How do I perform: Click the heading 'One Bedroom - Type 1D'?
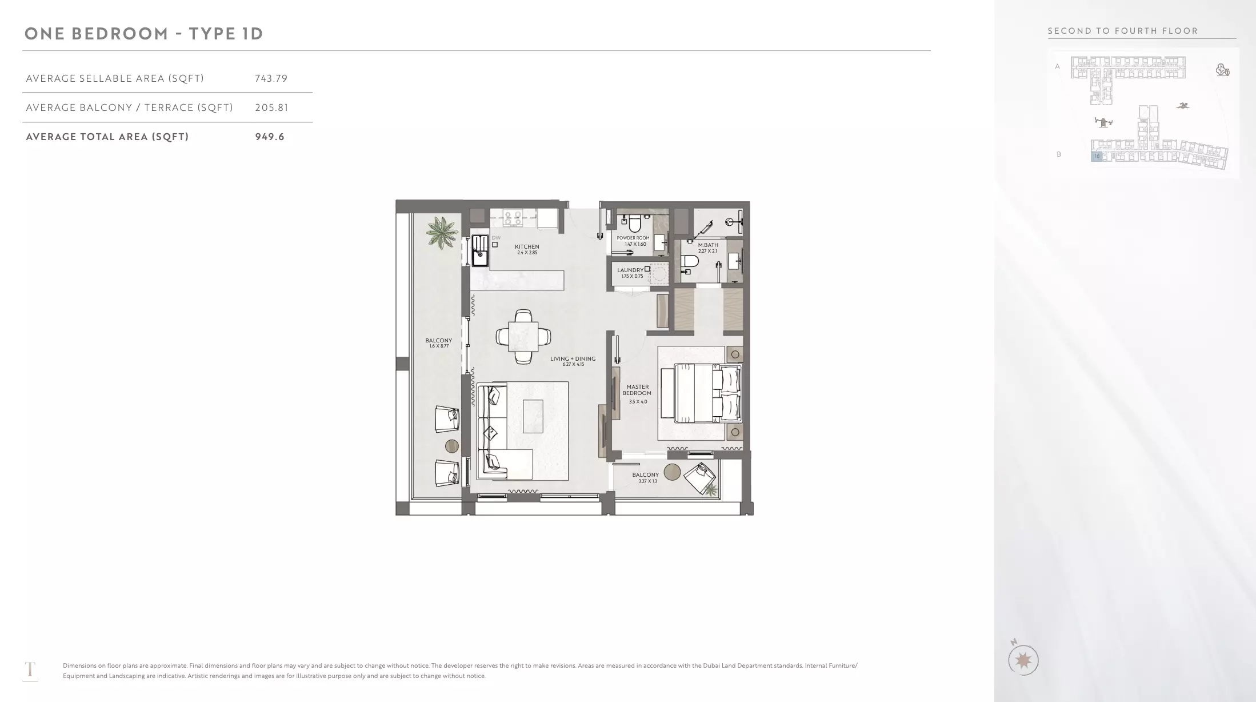coord(144,34)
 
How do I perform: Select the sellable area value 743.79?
coord(271,78)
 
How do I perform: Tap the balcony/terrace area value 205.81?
coord(272,107)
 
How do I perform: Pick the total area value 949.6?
coord(270,137)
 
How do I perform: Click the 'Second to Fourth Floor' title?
coord(1123,31)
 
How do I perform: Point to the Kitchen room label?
coord(527,249)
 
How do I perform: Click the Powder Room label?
coord(633,241)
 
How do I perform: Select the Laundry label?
coord(630,273)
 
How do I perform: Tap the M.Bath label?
coord(708,248)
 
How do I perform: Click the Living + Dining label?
coord(573,361)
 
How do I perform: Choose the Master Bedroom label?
coord(637,394)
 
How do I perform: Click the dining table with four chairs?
coord(524,337)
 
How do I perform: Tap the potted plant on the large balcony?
coord(442,232)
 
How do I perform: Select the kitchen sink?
coord(479,250)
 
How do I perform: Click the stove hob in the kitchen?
coord(512,218)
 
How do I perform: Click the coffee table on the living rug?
coord(533,416)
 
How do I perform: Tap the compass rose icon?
coord(1023,660)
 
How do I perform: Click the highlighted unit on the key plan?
coord(1097,156)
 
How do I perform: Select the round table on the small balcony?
coord(672,472)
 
